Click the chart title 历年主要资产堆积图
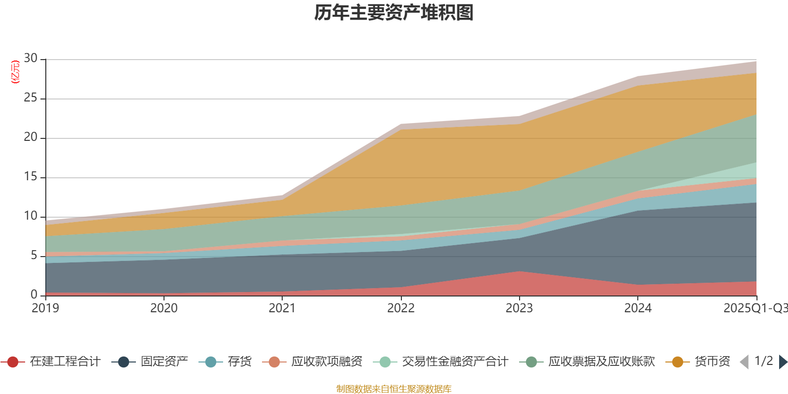(x=394, y=13)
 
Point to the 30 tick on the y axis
(x=31, y=58)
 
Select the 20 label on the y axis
(x=31, y=137)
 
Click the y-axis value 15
(x=31, y=176)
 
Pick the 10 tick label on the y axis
(x=31, y=216)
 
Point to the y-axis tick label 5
(x=34, y=255)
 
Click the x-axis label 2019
(x=45, y=308)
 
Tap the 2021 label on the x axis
(x=282, y=308)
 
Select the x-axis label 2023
(x=519, y=308)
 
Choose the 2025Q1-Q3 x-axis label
(x=755, y=308)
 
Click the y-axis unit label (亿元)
(x=15, y=72)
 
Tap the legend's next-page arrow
(x=783, y=362)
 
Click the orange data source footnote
(x=394, y=389)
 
